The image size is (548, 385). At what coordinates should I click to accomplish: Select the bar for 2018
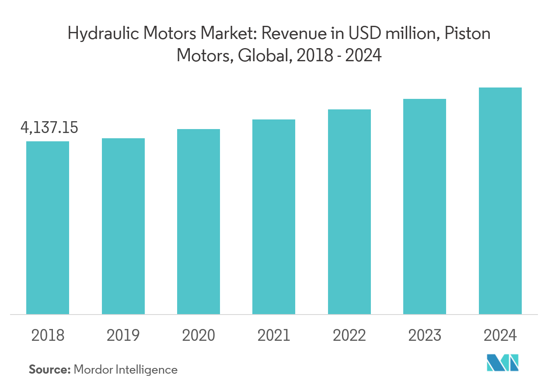[x=48, y=227]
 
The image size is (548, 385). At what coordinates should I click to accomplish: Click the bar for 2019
[x=123, y=226]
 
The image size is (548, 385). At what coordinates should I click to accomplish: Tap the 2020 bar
[x=199, y=221]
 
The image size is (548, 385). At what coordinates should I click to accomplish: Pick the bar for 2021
[x=274, y=217]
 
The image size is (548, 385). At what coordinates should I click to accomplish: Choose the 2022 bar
[x=349, y=212]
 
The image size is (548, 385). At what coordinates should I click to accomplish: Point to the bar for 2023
[x=425, y=206]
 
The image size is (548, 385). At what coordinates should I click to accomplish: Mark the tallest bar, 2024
[x=500, y=201]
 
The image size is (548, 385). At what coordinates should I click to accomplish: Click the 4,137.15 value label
[x=49, y=128]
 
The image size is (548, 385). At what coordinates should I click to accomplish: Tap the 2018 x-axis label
[x=48, y=336]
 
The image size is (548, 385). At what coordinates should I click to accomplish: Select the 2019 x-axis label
[x=123, y=336]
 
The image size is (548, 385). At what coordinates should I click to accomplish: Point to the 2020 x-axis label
[x=199, y=336]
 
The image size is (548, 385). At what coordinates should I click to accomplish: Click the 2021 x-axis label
[x=274, y=336]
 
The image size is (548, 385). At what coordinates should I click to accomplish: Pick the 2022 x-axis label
[x=349, y=336]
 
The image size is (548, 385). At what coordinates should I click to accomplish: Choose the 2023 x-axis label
[x=425, y=336]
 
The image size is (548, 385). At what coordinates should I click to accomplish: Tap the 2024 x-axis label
[x=500, y=336]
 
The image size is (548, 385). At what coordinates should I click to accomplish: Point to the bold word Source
[x=49, y=370]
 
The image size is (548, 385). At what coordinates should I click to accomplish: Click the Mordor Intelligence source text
[x=126, y=370]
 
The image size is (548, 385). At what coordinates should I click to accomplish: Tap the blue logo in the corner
[x=503, y=363]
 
